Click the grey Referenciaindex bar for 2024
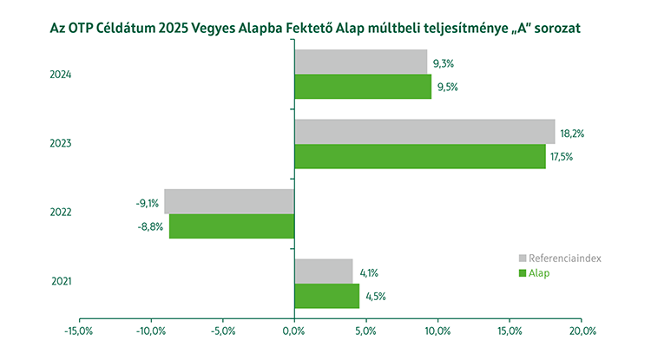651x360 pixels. click(x=360, y=62)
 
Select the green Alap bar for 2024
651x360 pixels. click(x=363, y=87)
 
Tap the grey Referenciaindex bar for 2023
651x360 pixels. click(x=424, y=131)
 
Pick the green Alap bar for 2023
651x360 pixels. click(x=419, y=156)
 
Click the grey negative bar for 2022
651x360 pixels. click(x=229, y=201)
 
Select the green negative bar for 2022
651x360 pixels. click(x=231, y=226)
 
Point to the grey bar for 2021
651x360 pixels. click(x=324, y=271)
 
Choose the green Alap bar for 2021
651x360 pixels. click(x=326, y=296)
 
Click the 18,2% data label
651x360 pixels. click(x=573, y=134)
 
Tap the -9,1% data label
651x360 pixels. click(x=147, y=204)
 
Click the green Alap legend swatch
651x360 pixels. click(x=523, y=273)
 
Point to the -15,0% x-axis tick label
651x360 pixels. click(x=79, y=331)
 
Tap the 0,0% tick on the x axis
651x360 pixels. click(x=294, y=331)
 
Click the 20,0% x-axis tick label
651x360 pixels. click(x=582, y=331)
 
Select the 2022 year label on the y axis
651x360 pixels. click(x=61, y=213)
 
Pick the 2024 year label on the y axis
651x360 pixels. click(x=61, y=75)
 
